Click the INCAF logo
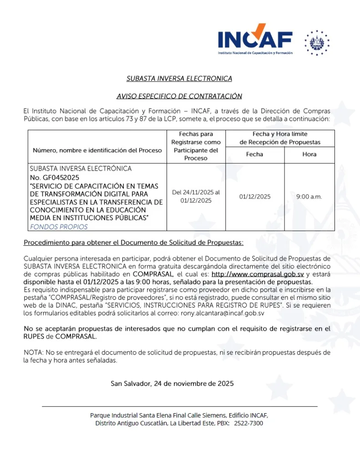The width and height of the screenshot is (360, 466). coord(255,40)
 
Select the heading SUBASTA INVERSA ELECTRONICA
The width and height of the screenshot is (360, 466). coord(179,79)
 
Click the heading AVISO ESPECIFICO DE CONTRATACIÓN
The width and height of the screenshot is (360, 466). coord(179,96)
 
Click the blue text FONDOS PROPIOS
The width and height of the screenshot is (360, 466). coord(59,227)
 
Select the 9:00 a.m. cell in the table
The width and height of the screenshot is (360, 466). coord(309,197)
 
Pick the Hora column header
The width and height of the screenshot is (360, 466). coord(309,154)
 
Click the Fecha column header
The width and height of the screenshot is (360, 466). coord(254,154)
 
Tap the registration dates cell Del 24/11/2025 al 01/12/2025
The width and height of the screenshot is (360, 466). coord(196,197)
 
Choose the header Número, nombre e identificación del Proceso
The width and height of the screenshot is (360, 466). coord(97,150)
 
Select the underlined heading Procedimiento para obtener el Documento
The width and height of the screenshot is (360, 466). coord(133,243)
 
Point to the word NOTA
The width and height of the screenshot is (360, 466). coord(32,353)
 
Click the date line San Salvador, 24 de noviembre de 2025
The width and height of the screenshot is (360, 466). coord(172,384)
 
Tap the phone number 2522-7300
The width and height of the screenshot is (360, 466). coord(249,423)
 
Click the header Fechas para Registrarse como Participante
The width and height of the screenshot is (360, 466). coord(196,146)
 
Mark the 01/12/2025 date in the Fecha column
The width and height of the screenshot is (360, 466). coord(254,197)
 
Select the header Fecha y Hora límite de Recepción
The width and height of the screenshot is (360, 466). coord(280,138)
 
